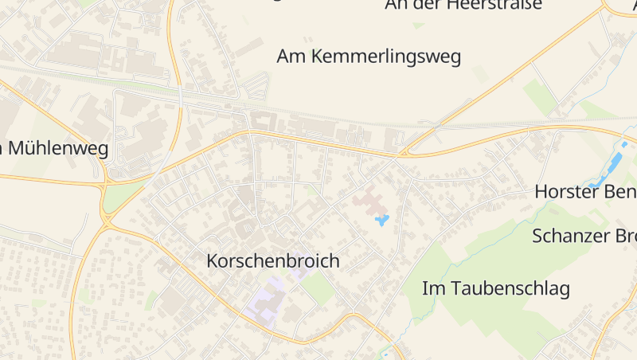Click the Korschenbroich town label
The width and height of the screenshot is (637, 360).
[272, 260]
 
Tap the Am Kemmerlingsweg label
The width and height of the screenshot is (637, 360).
[369, 57]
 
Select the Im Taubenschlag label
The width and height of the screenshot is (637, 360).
[495, 288]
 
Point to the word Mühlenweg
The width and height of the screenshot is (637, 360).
[60, 149]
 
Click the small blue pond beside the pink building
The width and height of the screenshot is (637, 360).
[382, 219]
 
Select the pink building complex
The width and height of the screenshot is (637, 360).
[369, 200]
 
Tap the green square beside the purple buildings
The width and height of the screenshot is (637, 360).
[318, 288]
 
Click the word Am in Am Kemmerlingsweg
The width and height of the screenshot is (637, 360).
[291, 57]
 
